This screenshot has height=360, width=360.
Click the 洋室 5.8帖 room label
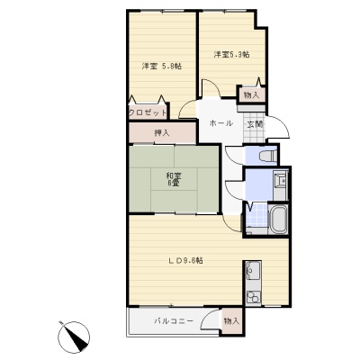(162, 67)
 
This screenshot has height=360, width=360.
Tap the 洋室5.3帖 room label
(231, 55)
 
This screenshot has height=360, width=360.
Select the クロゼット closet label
(148, 112)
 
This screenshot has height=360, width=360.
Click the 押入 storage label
(162, 132)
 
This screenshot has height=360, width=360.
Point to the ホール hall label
(220, 123)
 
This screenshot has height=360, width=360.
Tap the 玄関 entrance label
(255, 124)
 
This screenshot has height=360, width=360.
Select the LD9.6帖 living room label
(185, 261)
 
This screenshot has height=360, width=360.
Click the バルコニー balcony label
(174, 321)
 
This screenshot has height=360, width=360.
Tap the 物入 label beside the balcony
(231, 321)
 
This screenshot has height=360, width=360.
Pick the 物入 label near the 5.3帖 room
(251, 95)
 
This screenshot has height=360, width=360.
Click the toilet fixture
(267, 156)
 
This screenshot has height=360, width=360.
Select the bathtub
(279, 220)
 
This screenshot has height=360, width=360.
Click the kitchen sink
(253, 270)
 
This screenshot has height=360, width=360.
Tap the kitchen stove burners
(253, 298)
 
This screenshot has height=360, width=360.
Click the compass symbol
(74, 337)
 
